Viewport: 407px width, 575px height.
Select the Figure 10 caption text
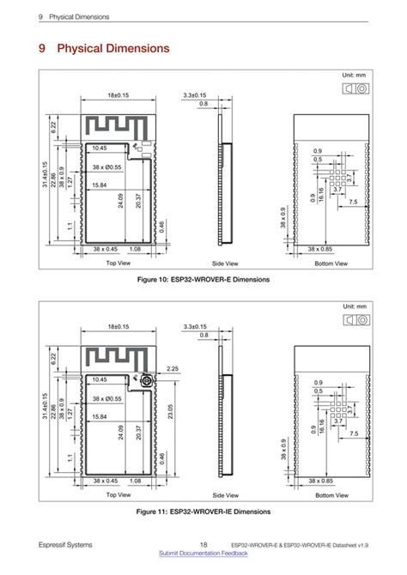pyautogui.click(x=203, y=280)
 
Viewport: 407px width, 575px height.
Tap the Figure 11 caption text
pyautogui.click(x=203, y=511)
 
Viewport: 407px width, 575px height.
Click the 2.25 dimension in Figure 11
pyautogui.click(x=172, y=369)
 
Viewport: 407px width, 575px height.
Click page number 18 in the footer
pyautogui.click(x=203, y=545)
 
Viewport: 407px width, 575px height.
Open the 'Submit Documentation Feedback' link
pyautogui.click(x=203, y=555)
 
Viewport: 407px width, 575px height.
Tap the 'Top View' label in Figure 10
pyautogui.click(x=118, y=263)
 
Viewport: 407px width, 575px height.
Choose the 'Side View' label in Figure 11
pyautogui.click(x=224, y=495)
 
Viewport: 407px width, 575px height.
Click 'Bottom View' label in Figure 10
pyautogui.click(x=331, y=263)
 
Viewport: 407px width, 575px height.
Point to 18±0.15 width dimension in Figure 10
pyautogui.click(x=118, y=95)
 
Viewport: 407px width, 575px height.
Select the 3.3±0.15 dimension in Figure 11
pyautogui.click(x=200, y=327)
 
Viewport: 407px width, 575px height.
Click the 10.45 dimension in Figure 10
pyautogui.click(x=100, y=148)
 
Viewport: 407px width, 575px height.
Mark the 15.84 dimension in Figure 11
pyautogui.click(x=100, y=417)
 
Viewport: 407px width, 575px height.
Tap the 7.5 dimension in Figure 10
pyautogui.click(x=353, y=203)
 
